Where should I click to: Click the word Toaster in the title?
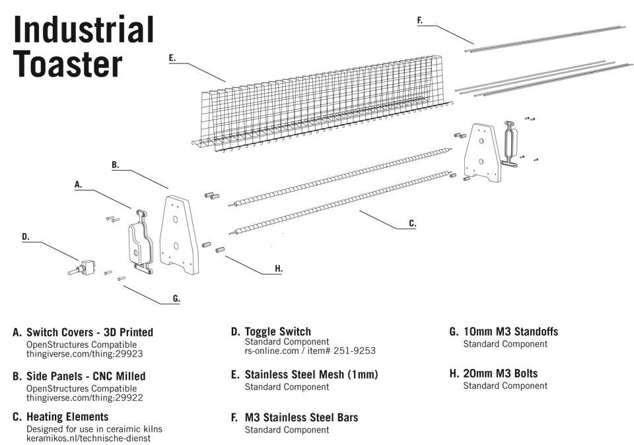click(68, 65)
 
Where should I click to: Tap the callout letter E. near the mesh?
click(172, 58)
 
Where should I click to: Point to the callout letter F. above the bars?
click(420, 20)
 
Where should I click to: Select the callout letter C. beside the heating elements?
click(412, 224)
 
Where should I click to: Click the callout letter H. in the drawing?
click(278, 269)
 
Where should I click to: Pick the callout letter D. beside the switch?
click(25, 236)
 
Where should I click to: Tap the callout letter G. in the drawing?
click(176, 298)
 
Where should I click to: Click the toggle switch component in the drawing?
click(81, 269)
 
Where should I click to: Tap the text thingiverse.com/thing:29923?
click(85, 354)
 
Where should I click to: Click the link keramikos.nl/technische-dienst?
click(88, 438)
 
